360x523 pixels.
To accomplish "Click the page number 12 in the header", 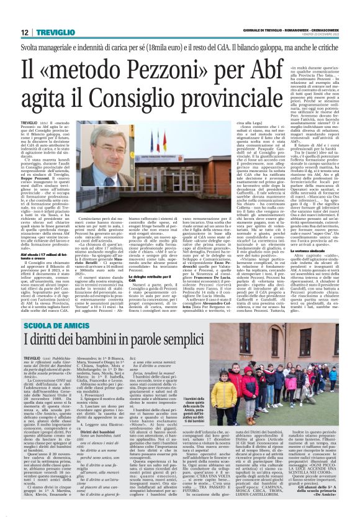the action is [9, 33].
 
